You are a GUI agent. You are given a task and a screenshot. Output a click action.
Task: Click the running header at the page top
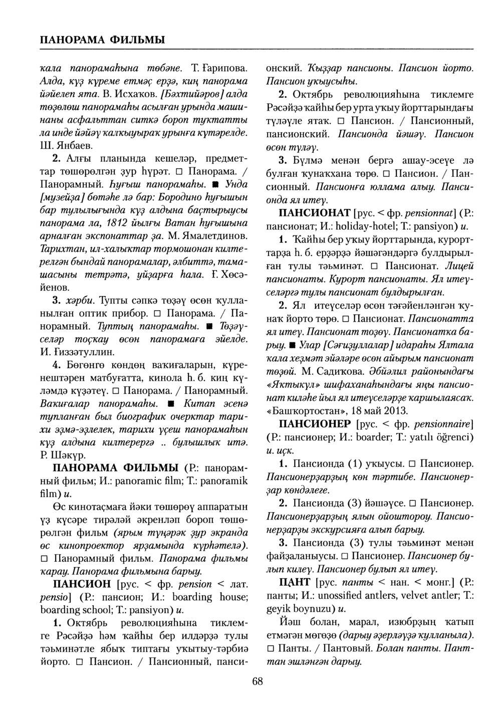[103, 39]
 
